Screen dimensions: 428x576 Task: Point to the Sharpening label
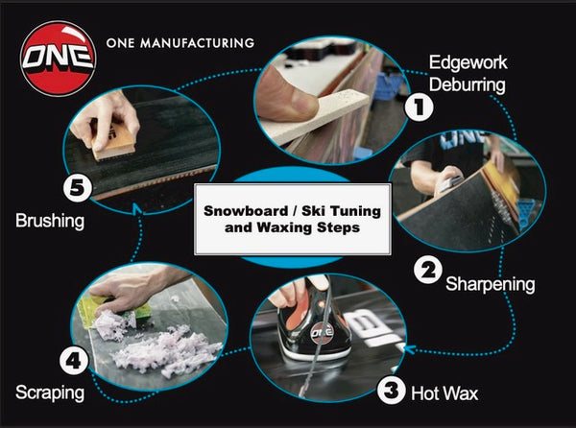point(490,285)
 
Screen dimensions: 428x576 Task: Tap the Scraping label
point(49,392)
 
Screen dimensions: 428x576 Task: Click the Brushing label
point(51,221)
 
